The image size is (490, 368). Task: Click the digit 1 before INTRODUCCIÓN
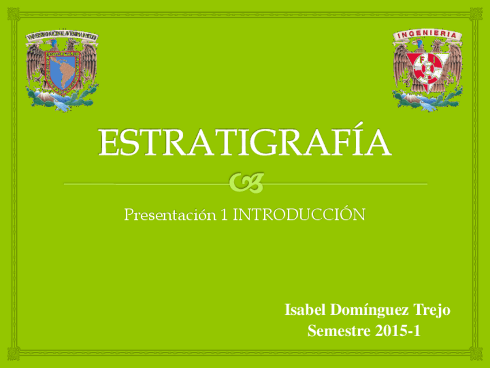225,215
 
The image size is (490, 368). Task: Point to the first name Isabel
305,310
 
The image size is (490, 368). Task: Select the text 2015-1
397,332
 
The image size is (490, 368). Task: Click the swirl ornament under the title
246,183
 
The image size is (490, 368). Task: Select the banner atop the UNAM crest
61,36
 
